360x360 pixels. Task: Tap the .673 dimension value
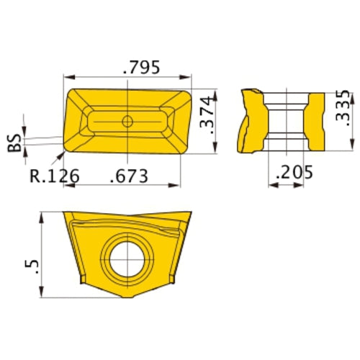point(130,174)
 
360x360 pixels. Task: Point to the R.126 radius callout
point(54,174)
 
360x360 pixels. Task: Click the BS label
point(15,145)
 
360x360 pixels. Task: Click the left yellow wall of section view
point(253,119)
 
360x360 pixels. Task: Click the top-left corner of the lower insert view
point(63,212)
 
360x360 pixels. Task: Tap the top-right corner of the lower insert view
point(192,212)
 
